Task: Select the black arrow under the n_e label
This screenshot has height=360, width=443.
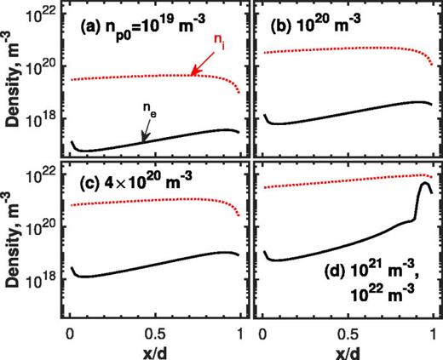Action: [x=143, y=129]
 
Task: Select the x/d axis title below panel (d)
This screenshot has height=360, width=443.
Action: [x=347, y=349]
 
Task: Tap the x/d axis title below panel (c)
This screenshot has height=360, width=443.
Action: [x=155, y=349]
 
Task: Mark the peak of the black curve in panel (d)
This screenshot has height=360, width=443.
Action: [x=423, y=183]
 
